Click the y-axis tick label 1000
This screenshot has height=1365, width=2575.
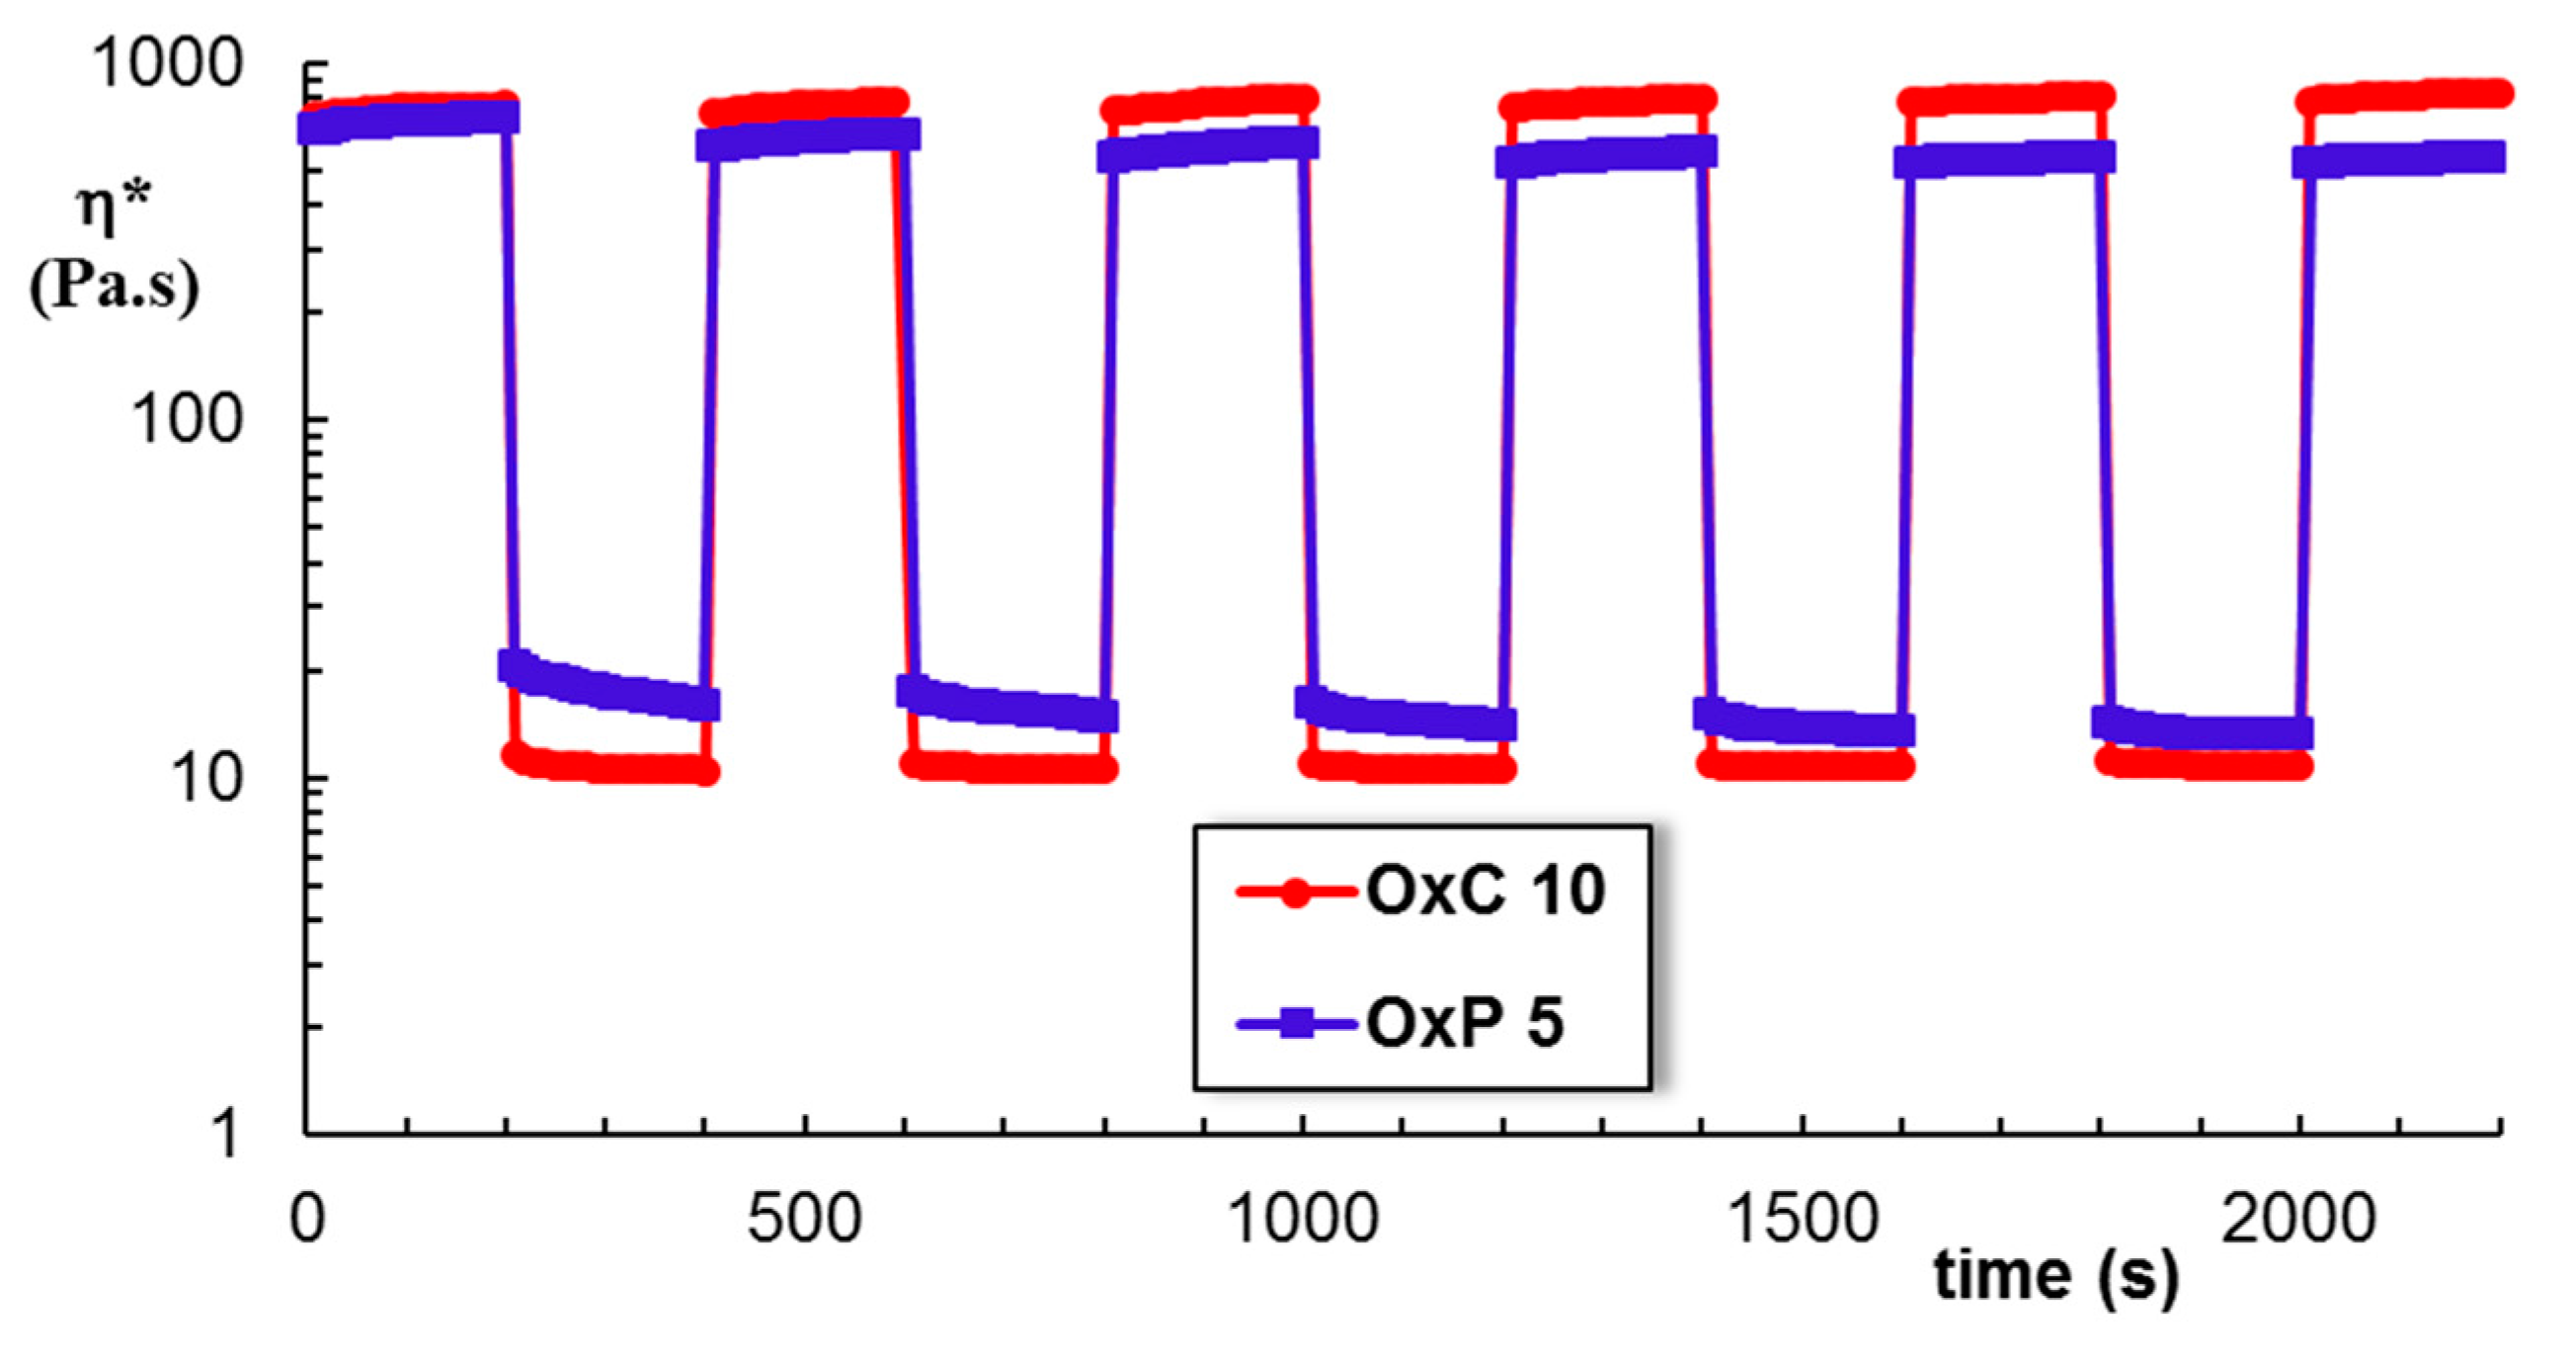167,63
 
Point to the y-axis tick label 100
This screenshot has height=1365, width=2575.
186,420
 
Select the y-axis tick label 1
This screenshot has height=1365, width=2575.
228,1135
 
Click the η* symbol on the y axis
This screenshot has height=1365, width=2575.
114,208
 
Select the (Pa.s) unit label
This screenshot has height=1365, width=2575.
114,288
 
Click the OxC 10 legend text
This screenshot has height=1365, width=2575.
1485,890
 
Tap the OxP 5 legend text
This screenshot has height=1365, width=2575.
1465,1024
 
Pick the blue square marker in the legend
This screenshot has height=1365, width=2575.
1297,1024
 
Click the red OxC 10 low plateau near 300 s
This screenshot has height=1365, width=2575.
605,769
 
